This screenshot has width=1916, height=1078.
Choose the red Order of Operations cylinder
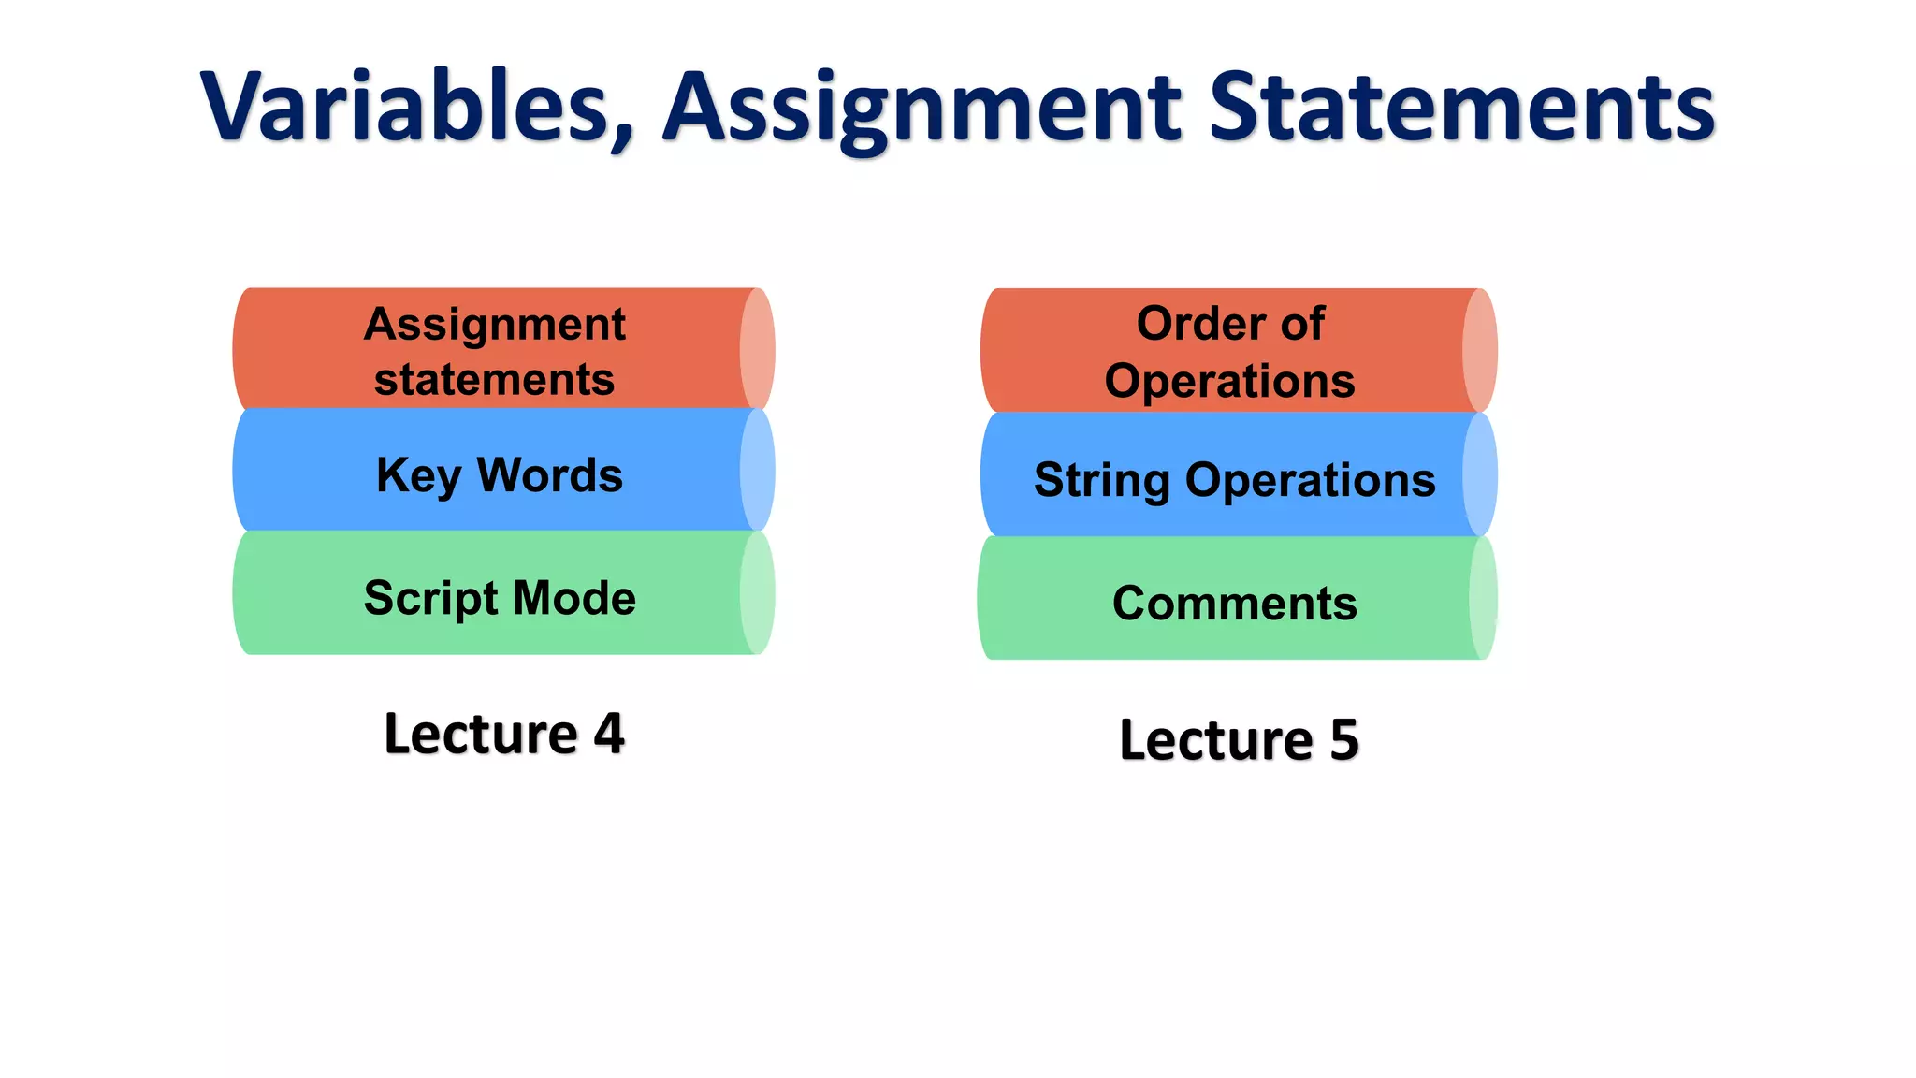(1229, 351)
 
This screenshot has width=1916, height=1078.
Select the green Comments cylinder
(1229, 600)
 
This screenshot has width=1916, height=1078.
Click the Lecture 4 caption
(503, 734)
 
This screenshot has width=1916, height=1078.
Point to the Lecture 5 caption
(1239, 740)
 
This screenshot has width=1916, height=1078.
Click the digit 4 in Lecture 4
(609, 734)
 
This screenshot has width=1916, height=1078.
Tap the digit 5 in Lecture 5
(1344, 740)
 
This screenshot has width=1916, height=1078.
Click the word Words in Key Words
(550, 475)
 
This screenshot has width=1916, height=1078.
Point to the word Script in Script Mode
(431, 599)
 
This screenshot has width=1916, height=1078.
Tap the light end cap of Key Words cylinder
(758, 471)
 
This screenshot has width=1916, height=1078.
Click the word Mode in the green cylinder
(574, 599)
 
